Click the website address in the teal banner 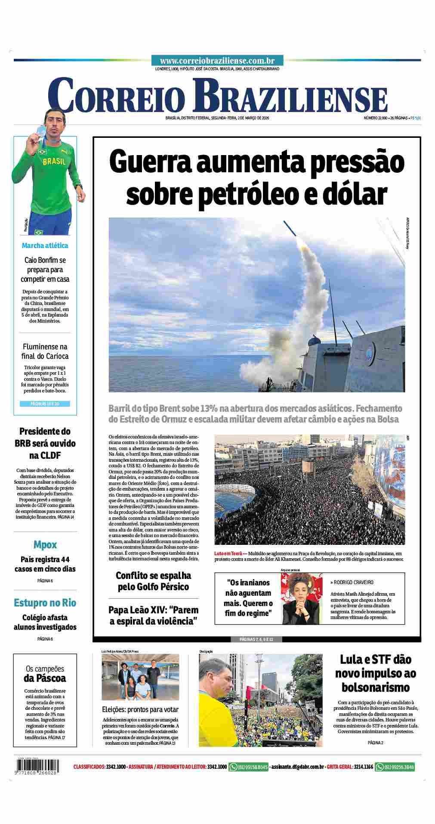coord(217,61)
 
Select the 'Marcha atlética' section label coord(45,246)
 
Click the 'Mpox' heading coord(45,545)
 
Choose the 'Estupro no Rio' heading coord(45,602)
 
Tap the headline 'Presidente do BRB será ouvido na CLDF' coord(45,443)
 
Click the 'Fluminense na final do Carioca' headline coord(45,351)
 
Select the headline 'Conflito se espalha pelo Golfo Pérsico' coord(153,581)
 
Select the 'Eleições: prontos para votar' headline coord(140,709)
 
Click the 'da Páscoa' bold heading coord(45,678)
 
